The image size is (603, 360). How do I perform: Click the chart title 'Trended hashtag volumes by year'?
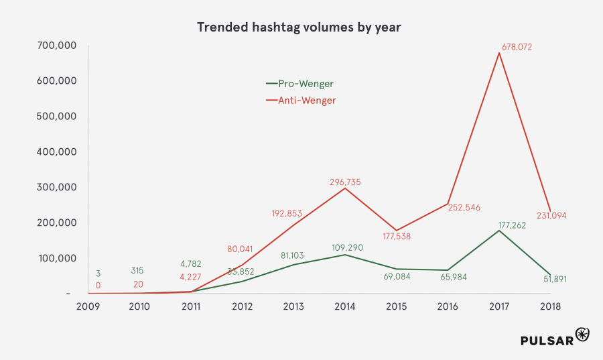coord(299,27)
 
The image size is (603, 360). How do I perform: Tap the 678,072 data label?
coord(517,48)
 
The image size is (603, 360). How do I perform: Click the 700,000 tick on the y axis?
coord(58,46)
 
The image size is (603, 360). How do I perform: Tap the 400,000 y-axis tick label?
coord(58,152)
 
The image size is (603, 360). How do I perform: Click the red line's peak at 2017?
coord(499,53)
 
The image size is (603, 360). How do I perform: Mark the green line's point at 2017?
coord(499,231)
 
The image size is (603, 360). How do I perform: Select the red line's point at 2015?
coord(397,231)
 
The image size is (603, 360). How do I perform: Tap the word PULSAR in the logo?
coord(547,341)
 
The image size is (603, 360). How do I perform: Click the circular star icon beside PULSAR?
coord(582,336)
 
